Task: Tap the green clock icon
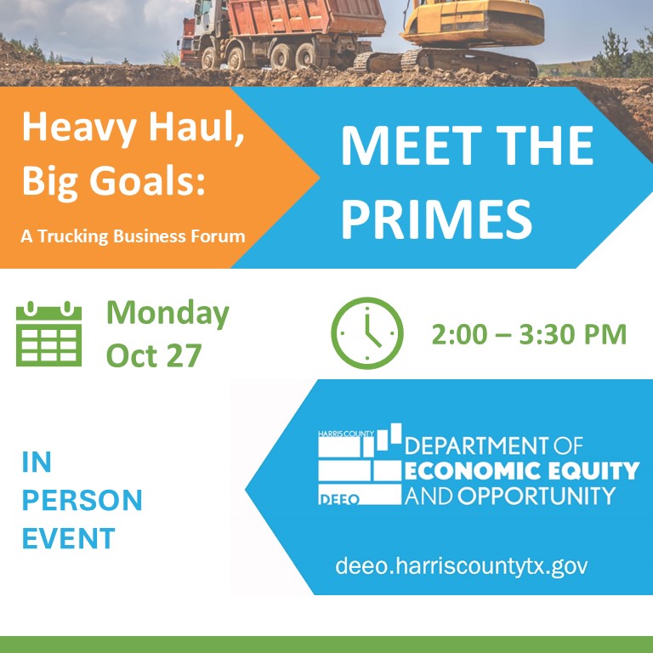pos(366,333)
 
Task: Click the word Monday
pos(168,314)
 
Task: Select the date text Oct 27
pos(153,355)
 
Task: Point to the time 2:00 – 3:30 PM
pos(528,334)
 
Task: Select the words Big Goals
pos(113,179)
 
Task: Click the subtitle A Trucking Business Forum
pos(133,236)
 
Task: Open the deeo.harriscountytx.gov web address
pos(462,565)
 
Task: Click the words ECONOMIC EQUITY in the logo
pos(522,470)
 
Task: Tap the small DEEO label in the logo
pos(338,499)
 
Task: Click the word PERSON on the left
pos(82,500)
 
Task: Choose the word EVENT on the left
pos(68,538)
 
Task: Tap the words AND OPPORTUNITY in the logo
pos(509,496)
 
